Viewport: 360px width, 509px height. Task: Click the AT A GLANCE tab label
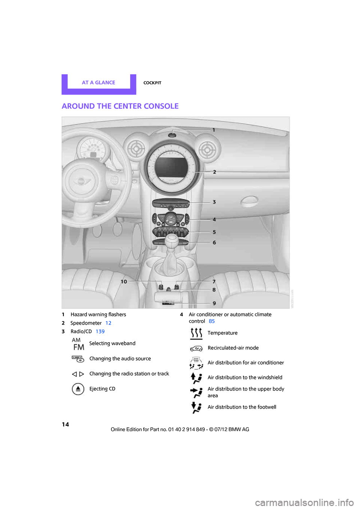99,82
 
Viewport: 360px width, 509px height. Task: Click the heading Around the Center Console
120,106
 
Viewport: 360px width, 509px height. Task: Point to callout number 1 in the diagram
214,130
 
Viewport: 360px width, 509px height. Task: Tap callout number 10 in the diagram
124,281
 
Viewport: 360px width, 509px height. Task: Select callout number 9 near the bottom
214,303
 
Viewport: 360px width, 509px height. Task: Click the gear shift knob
172,239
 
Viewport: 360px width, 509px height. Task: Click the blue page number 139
100,331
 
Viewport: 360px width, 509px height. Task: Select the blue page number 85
212,321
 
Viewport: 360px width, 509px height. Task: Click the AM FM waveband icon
78,344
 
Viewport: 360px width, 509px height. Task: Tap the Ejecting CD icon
78,389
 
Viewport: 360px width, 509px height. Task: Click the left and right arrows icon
78,374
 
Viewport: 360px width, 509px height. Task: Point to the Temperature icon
196,333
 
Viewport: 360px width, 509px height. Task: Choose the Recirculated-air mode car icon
196,348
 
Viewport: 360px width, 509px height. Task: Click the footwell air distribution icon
196,407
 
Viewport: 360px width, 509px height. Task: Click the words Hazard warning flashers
98,314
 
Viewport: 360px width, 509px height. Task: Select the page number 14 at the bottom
66,424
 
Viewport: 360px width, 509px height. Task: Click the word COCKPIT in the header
152,83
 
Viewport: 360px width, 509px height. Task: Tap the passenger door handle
249,202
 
